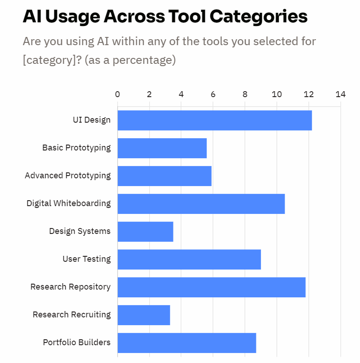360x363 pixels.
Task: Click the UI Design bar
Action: [214, 120]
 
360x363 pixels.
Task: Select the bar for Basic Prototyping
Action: [162, 148]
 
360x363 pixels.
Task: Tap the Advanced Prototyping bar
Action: [164, 176]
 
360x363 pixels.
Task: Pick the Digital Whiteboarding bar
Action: [201, 204]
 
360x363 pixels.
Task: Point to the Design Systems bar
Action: [145, 232]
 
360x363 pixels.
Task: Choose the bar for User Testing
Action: [189, 259]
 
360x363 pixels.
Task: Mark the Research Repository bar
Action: [211, 287]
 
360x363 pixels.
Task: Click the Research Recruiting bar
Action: [144, 315]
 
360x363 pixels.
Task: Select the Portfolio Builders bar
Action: [187, 343]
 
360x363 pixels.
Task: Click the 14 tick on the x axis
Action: [340, 94]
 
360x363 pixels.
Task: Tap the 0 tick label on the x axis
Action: [118, 94]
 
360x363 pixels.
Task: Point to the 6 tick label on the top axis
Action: [213, 94]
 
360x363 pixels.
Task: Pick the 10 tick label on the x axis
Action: [277, 94]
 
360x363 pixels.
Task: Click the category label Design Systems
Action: [80, 231]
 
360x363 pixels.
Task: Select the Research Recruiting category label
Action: [72, 315]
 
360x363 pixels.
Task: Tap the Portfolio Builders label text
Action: [77, 342]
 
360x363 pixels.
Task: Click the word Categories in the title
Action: [258, 17]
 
